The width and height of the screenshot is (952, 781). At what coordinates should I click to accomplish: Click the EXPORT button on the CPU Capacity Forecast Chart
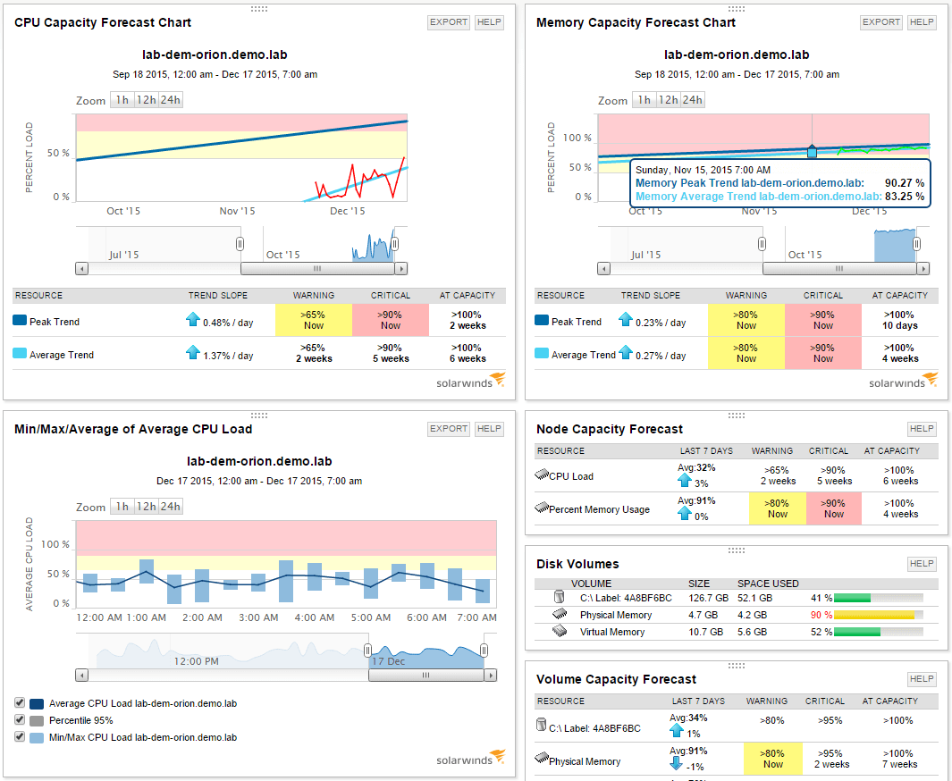coord(448,22)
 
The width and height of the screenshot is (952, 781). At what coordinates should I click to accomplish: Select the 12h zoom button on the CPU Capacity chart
coord(147,100)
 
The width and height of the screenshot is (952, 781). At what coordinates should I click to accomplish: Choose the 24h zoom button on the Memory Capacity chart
coord(692,100)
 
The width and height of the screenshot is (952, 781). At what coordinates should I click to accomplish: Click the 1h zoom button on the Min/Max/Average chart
coord(122,507)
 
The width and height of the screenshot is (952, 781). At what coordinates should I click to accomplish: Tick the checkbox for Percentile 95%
coord(21,720)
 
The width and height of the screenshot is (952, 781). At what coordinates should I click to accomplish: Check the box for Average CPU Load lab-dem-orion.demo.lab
coord(21,703)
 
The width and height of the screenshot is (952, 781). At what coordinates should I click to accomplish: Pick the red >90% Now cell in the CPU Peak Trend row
coord(391,320)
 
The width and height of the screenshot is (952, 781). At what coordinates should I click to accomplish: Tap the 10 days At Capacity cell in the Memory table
coord(900,320)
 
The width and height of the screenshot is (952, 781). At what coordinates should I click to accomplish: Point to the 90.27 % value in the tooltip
coord(904,183)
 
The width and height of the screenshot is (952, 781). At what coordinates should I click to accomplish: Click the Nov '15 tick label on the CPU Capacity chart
coord(237,211)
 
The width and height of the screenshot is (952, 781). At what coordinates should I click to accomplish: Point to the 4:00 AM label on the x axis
coord(315,617)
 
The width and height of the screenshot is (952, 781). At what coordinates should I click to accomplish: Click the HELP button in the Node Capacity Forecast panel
coord(921,429)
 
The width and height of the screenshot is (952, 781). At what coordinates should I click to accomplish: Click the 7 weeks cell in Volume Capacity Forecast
coord(900,764)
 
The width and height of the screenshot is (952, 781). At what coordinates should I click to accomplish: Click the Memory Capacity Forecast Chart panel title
coord(636,22)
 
